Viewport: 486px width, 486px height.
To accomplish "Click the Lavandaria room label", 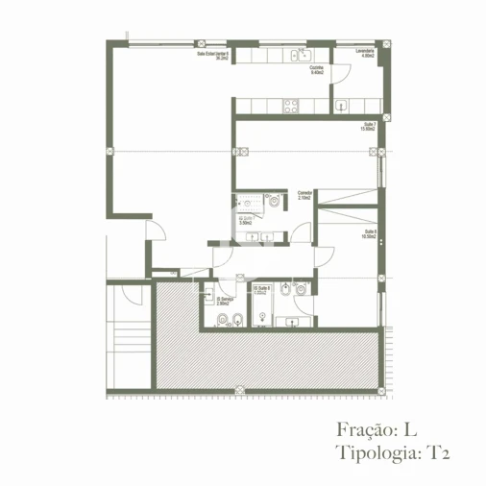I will click(x=364, y=53).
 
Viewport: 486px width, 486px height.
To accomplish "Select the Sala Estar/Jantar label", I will click(x=213, y=56).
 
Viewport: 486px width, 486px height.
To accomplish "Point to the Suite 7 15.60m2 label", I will click(x=367, y=126).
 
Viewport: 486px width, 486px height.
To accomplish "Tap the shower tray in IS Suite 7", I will click(x=250, y=201).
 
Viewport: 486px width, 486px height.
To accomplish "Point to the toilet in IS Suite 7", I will click(x=276, y=203).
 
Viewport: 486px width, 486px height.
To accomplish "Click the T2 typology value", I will click(x=438, y=450).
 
